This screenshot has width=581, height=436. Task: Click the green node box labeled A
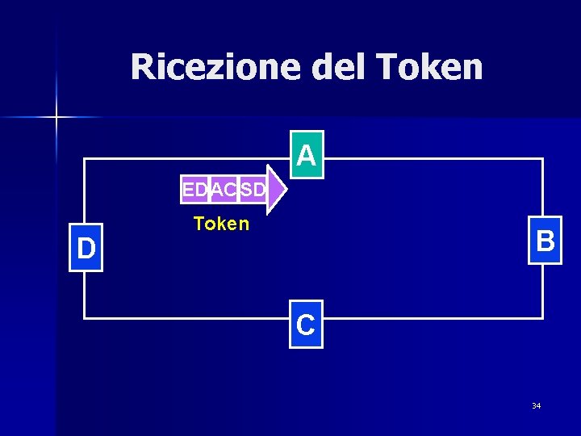pos(306,154)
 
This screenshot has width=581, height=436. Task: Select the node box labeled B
pos(545,241)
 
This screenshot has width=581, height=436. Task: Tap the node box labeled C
pos(306,325)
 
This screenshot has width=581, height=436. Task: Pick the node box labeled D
pos(86,248)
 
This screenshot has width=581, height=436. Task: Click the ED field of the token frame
pos(194,191)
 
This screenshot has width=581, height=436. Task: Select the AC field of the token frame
pos(224,191)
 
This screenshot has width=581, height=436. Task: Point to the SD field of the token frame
pos(253,191)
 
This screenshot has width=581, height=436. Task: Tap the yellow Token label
pos(221,224)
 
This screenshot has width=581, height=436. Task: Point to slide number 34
pos(536,405)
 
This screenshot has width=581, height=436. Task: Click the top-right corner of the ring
pos(542,160)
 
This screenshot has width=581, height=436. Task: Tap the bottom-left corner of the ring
pos(85,318)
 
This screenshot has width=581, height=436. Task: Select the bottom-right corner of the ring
pos(542,318)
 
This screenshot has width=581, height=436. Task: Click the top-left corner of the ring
pos(85,160)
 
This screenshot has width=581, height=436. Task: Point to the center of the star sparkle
pos(56,118)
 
